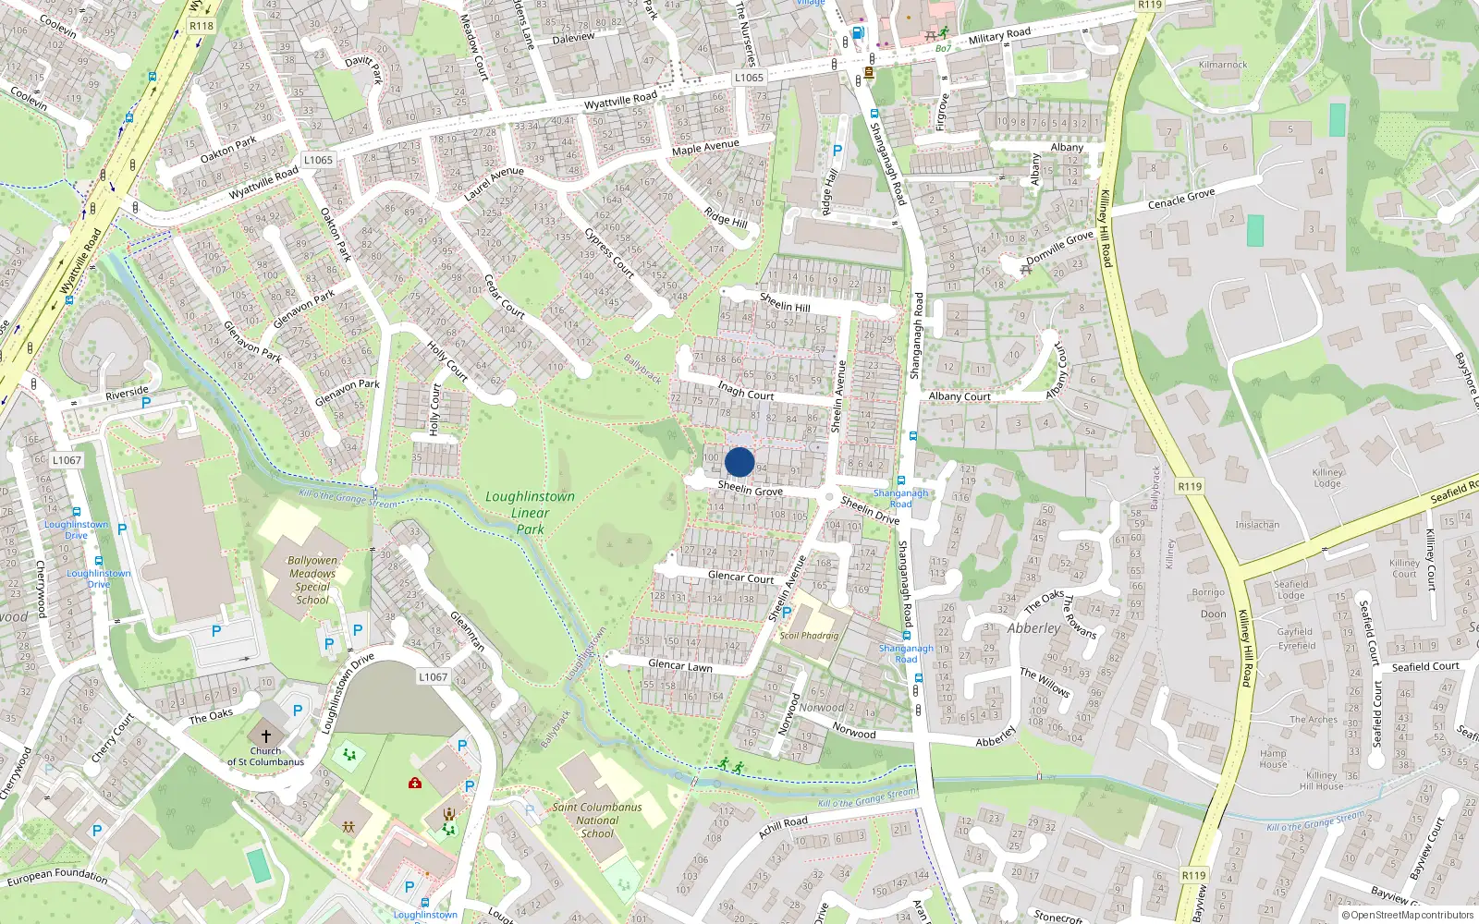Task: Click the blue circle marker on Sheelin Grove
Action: click(739, 462)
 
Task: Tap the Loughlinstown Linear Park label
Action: click(530, 513)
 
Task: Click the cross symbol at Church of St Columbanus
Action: click(266, 736)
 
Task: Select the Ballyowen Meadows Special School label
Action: click(312, 580)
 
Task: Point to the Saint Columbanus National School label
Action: click(597, 820)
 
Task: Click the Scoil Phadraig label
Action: click(809, 636)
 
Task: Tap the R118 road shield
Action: click(202, 26)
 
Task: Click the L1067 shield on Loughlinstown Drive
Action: click(433, 677)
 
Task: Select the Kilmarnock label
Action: click(1223, 65)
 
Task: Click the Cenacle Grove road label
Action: click(1181, 199)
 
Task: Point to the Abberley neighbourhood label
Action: click(1033, 628)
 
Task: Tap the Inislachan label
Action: click(1257, 525)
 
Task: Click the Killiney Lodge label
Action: click(1327, 478)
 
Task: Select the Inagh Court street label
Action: click(745, 391)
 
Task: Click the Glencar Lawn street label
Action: click(679, 665)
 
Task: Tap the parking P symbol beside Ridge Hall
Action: click(837, 151)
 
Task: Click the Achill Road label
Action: click(783, 826)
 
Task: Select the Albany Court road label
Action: click(960, 396)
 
